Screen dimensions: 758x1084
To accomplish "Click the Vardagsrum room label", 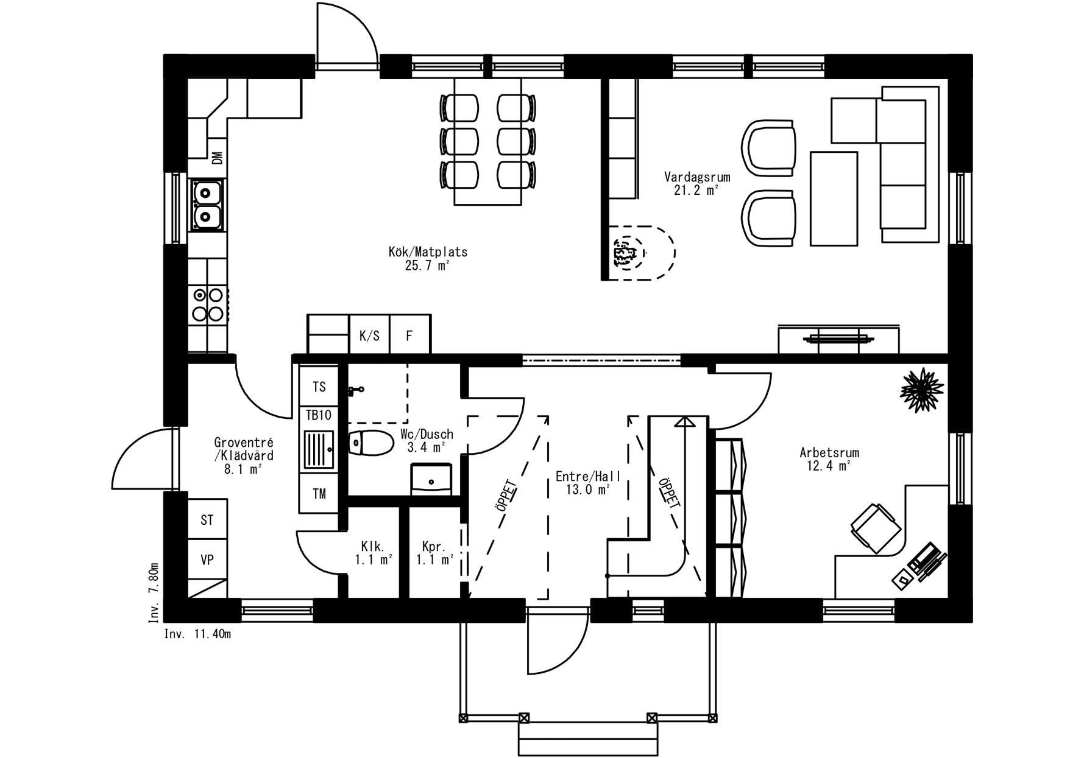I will (697, 183).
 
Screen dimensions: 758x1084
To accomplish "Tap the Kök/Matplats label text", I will (428, 258).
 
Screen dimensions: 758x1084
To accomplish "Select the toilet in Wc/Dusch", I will (370, 443).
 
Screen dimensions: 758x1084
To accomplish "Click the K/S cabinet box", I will (369, 335).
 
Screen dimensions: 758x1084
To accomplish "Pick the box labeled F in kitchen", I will (409, 335).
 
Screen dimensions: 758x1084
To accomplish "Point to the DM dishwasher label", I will (217, 158).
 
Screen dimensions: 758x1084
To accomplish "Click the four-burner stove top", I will (207, 304).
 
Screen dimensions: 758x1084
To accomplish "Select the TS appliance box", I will (319, 387).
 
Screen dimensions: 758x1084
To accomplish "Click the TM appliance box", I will (319, 494).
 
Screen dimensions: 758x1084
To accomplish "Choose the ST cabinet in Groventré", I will (207, 520).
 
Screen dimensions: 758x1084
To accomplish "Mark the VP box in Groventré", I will (207, 559).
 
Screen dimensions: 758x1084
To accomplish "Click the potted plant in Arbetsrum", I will (923, 389).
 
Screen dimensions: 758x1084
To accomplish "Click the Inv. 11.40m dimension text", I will (197, 634).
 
